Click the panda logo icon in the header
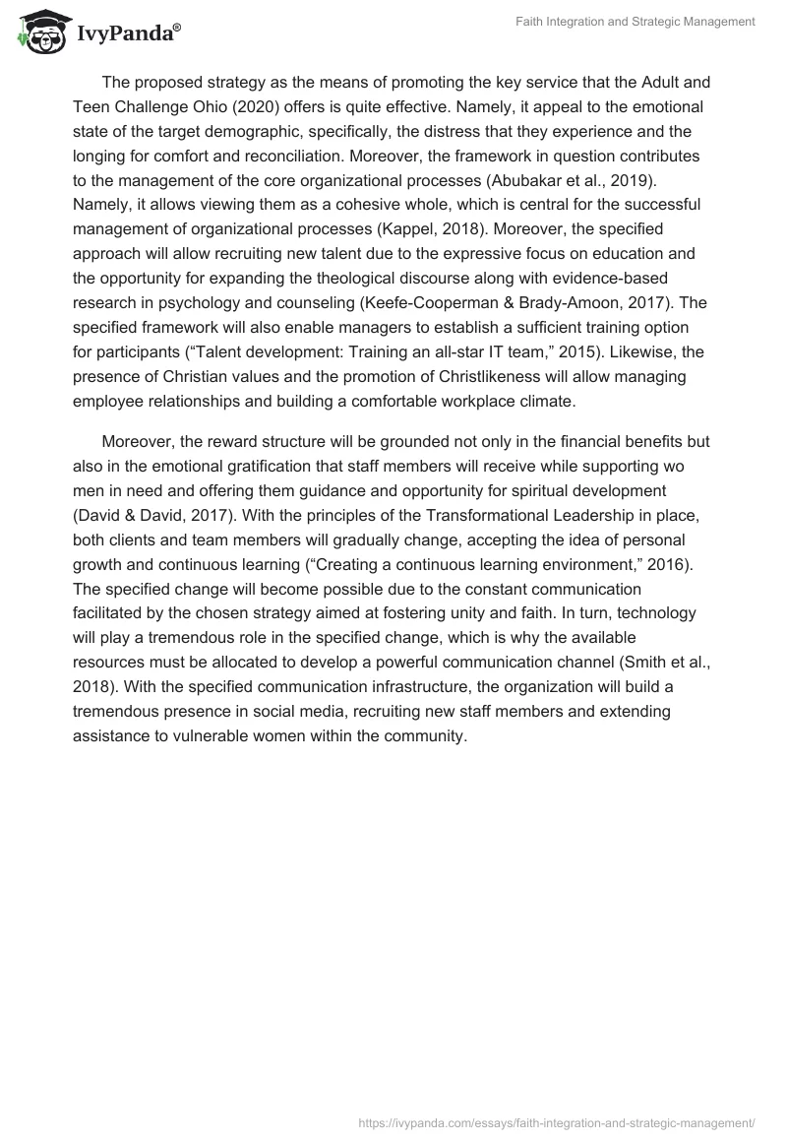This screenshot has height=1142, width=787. coord(38,32)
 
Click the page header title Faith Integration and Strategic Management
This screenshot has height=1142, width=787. coord(636,23)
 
